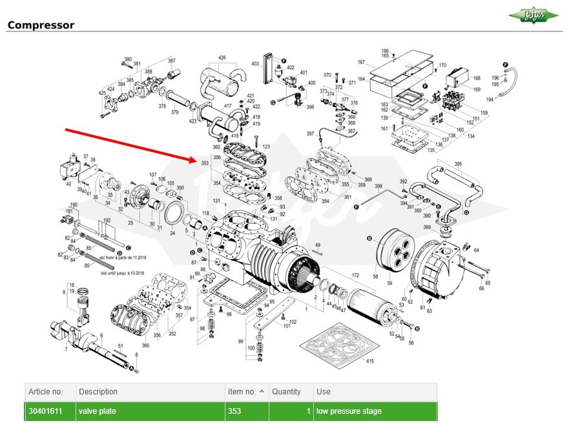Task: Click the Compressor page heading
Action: [41, 25]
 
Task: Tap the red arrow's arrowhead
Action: [192, 159]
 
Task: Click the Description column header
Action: [98, 392]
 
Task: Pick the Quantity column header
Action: [286, 392]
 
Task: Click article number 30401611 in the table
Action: [45, 411]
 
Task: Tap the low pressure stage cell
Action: [349, 411]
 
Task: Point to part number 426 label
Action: [222, 58]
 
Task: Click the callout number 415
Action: [370, 361]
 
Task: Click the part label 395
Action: [459, 164]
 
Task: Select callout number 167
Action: [362, 63]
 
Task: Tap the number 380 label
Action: [128, 59]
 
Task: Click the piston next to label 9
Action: [82, 304]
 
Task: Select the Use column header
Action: [324, 392]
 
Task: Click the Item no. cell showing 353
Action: [234, 411]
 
